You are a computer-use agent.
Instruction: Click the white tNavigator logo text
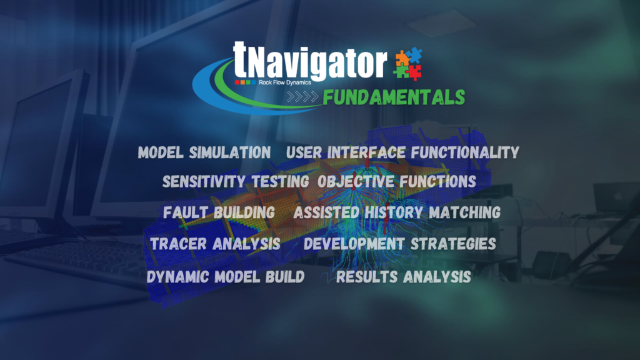coord(310,61)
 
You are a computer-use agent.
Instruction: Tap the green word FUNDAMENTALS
coord(394,97)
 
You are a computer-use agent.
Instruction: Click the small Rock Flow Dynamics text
coord(285,82)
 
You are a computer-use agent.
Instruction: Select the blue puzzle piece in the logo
coord(414,55)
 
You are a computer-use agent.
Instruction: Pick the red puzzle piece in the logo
coord(415,72)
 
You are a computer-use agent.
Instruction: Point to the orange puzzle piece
coord(402,58)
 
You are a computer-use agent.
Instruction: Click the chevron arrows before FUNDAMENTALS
coord(302,97)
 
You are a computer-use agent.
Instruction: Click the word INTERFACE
coord(366,152)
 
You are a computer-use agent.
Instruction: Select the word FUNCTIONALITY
coord(465,152)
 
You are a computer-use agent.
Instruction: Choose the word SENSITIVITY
coord(205,182)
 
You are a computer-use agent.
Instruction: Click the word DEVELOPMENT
coord(355,244)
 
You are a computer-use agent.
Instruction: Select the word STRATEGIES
coord(454,244)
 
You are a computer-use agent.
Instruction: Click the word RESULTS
coord(366,277)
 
